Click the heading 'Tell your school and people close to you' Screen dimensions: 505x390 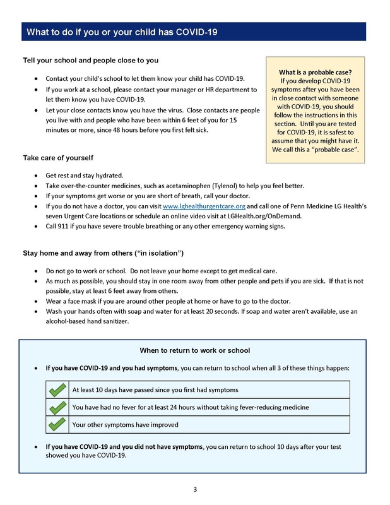(x=90, y=61)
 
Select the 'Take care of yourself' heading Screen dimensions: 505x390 (x=59, y=157)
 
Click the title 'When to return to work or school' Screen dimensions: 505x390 (x=194, y=350)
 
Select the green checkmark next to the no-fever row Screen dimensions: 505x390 (x=57, y=407)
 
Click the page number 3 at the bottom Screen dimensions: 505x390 (x=195, y=489)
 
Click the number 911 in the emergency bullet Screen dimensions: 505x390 (x=65, y=226)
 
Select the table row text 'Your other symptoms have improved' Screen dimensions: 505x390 (x=126, y=425)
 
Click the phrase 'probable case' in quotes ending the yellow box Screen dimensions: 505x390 (x=335, y=149)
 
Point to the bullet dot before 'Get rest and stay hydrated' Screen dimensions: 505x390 (x=36, y=175)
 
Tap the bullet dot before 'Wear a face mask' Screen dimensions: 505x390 (x=36, y=302)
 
